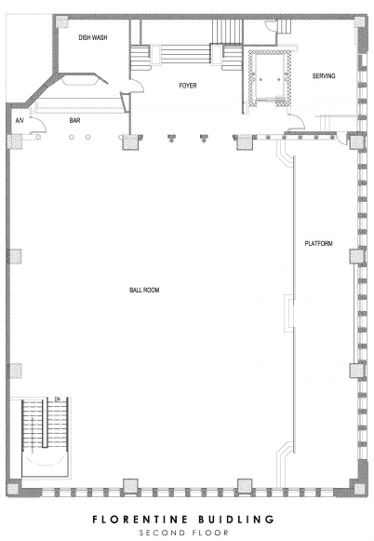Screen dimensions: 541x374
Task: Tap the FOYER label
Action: [190, 85]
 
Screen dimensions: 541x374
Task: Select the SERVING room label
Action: [324, 75]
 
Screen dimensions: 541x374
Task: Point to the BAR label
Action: [76, 120]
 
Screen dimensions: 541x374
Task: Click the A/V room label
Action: [19, 121]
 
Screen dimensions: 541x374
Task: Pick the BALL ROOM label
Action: [144, 291]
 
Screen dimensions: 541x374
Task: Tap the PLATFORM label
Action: [319, 244]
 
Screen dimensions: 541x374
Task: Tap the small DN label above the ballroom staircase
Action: [57, 399]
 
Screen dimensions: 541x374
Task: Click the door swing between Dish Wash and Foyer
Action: [136, 86]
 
